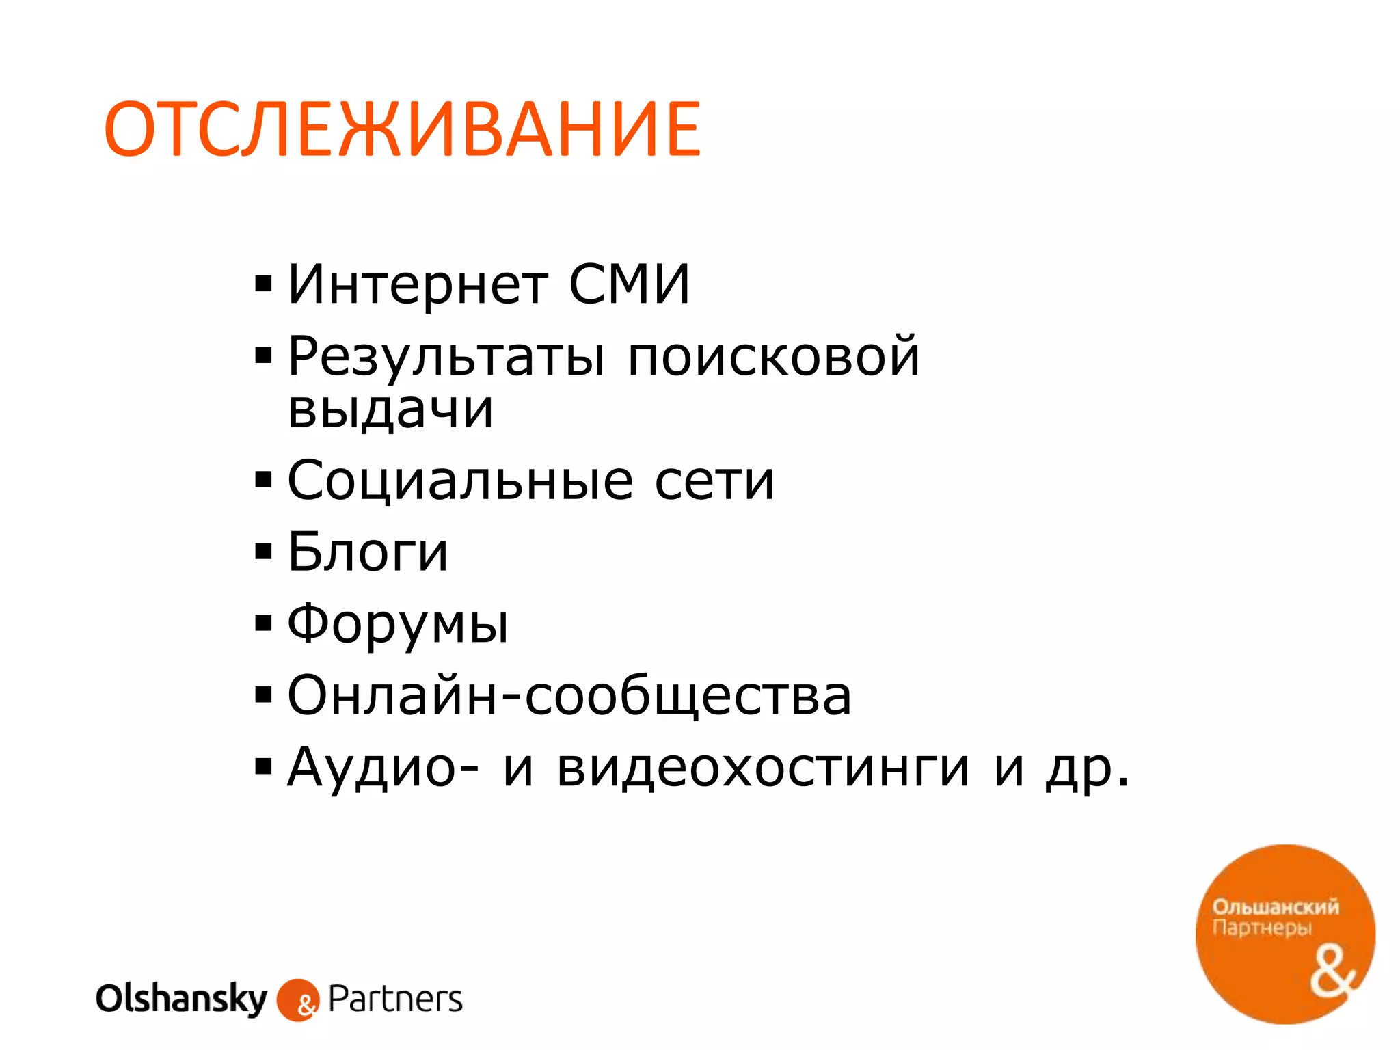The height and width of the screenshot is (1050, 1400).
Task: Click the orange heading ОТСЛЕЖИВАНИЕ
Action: pos(402,129)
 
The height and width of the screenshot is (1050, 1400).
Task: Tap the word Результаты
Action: pos(446,358)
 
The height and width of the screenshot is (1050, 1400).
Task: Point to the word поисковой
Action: pos(773,356)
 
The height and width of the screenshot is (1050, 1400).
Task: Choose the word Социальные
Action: pos(460,481)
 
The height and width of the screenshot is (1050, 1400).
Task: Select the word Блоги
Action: pos(368,552)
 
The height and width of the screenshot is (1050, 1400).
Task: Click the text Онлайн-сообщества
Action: pos(569,696)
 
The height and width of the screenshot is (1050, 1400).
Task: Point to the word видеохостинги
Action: pos(763,768)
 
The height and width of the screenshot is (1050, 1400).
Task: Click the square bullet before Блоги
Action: pos(263,551)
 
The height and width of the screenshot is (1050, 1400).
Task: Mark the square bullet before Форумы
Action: pos(263,623)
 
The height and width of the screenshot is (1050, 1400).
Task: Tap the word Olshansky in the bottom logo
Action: pos(181,999)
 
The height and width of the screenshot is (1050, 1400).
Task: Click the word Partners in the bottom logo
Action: pos(395,999)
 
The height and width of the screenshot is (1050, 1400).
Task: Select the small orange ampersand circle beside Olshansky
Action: pos(298,1001)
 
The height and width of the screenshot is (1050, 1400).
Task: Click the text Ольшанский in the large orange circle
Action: pos(1276,907)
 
